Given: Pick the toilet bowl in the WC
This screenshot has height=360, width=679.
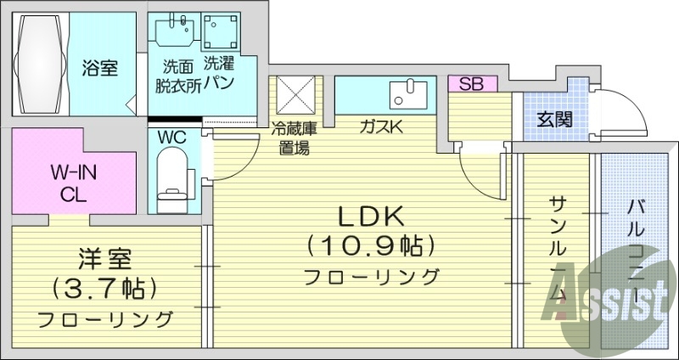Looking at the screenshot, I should (174, 176).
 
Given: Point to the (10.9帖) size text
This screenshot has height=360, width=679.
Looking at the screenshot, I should (373, 246).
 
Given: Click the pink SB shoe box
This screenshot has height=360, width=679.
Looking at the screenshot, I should (465, 83).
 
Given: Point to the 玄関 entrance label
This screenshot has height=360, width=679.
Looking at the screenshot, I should (553, 119).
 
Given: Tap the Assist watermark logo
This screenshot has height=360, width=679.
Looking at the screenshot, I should (609, 306).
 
